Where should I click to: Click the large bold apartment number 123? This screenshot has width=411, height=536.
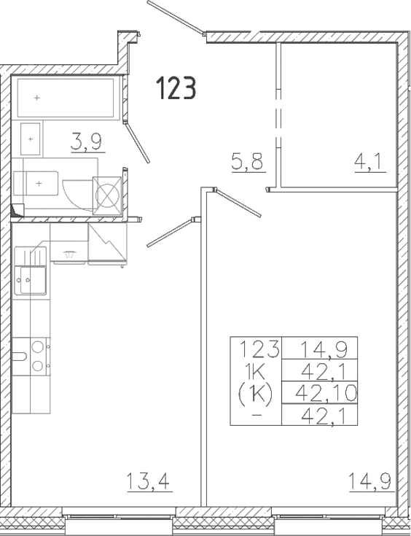pos(175,89)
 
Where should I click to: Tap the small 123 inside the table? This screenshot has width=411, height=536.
pos(256,349)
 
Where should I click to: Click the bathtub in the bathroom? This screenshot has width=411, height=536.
pos(65,98)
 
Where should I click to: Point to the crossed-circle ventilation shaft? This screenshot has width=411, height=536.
pos(107,195)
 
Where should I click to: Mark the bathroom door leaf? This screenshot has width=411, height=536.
pos(138,142)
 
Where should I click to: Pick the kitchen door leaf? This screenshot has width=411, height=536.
pos(169,233)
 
